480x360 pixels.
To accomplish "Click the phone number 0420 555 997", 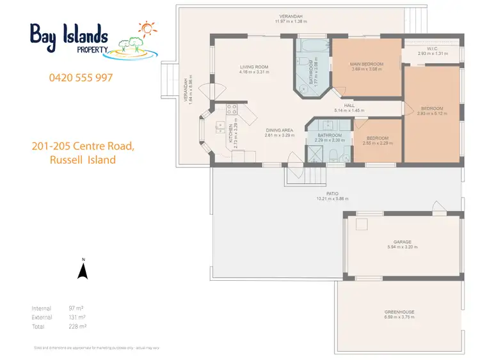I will [81, 77].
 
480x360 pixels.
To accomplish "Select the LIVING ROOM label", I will [253, 67].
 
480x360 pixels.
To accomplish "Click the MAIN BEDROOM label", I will [367, 64].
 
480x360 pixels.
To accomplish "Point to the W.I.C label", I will [431, 48].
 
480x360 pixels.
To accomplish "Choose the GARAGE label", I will [403, 242].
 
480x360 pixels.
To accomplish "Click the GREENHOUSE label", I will [399, 312].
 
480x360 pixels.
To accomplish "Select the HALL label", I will [349, 106].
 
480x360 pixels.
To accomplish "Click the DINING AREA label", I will [279, 131].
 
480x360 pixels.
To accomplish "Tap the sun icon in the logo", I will [147, 29].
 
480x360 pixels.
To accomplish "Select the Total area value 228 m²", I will [77, 325].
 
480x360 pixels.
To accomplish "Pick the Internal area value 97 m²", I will [76, 308].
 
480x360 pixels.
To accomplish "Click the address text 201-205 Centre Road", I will [83, 146].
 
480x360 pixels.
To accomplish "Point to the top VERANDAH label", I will [289, 16].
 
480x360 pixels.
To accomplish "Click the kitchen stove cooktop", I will [231, 108].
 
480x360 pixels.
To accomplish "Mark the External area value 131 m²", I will [77, 317].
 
